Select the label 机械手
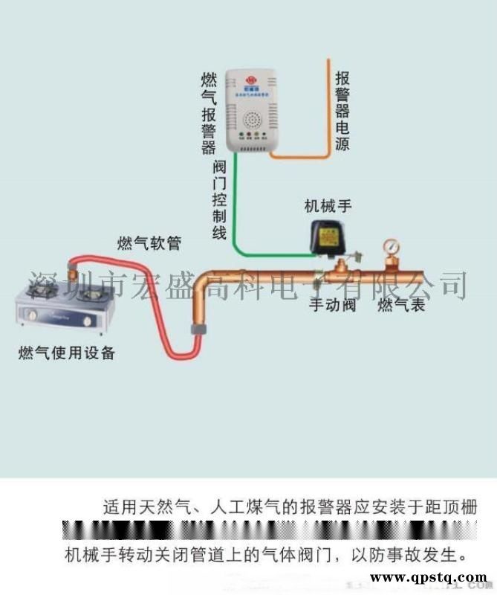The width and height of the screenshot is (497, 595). pos(328,206)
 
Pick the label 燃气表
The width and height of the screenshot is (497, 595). pos(401,305)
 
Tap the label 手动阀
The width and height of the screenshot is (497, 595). pos(333,305)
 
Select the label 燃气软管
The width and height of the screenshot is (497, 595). pos(149,243)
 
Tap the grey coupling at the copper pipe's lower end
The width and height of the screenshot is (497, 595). pos(197,329)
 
